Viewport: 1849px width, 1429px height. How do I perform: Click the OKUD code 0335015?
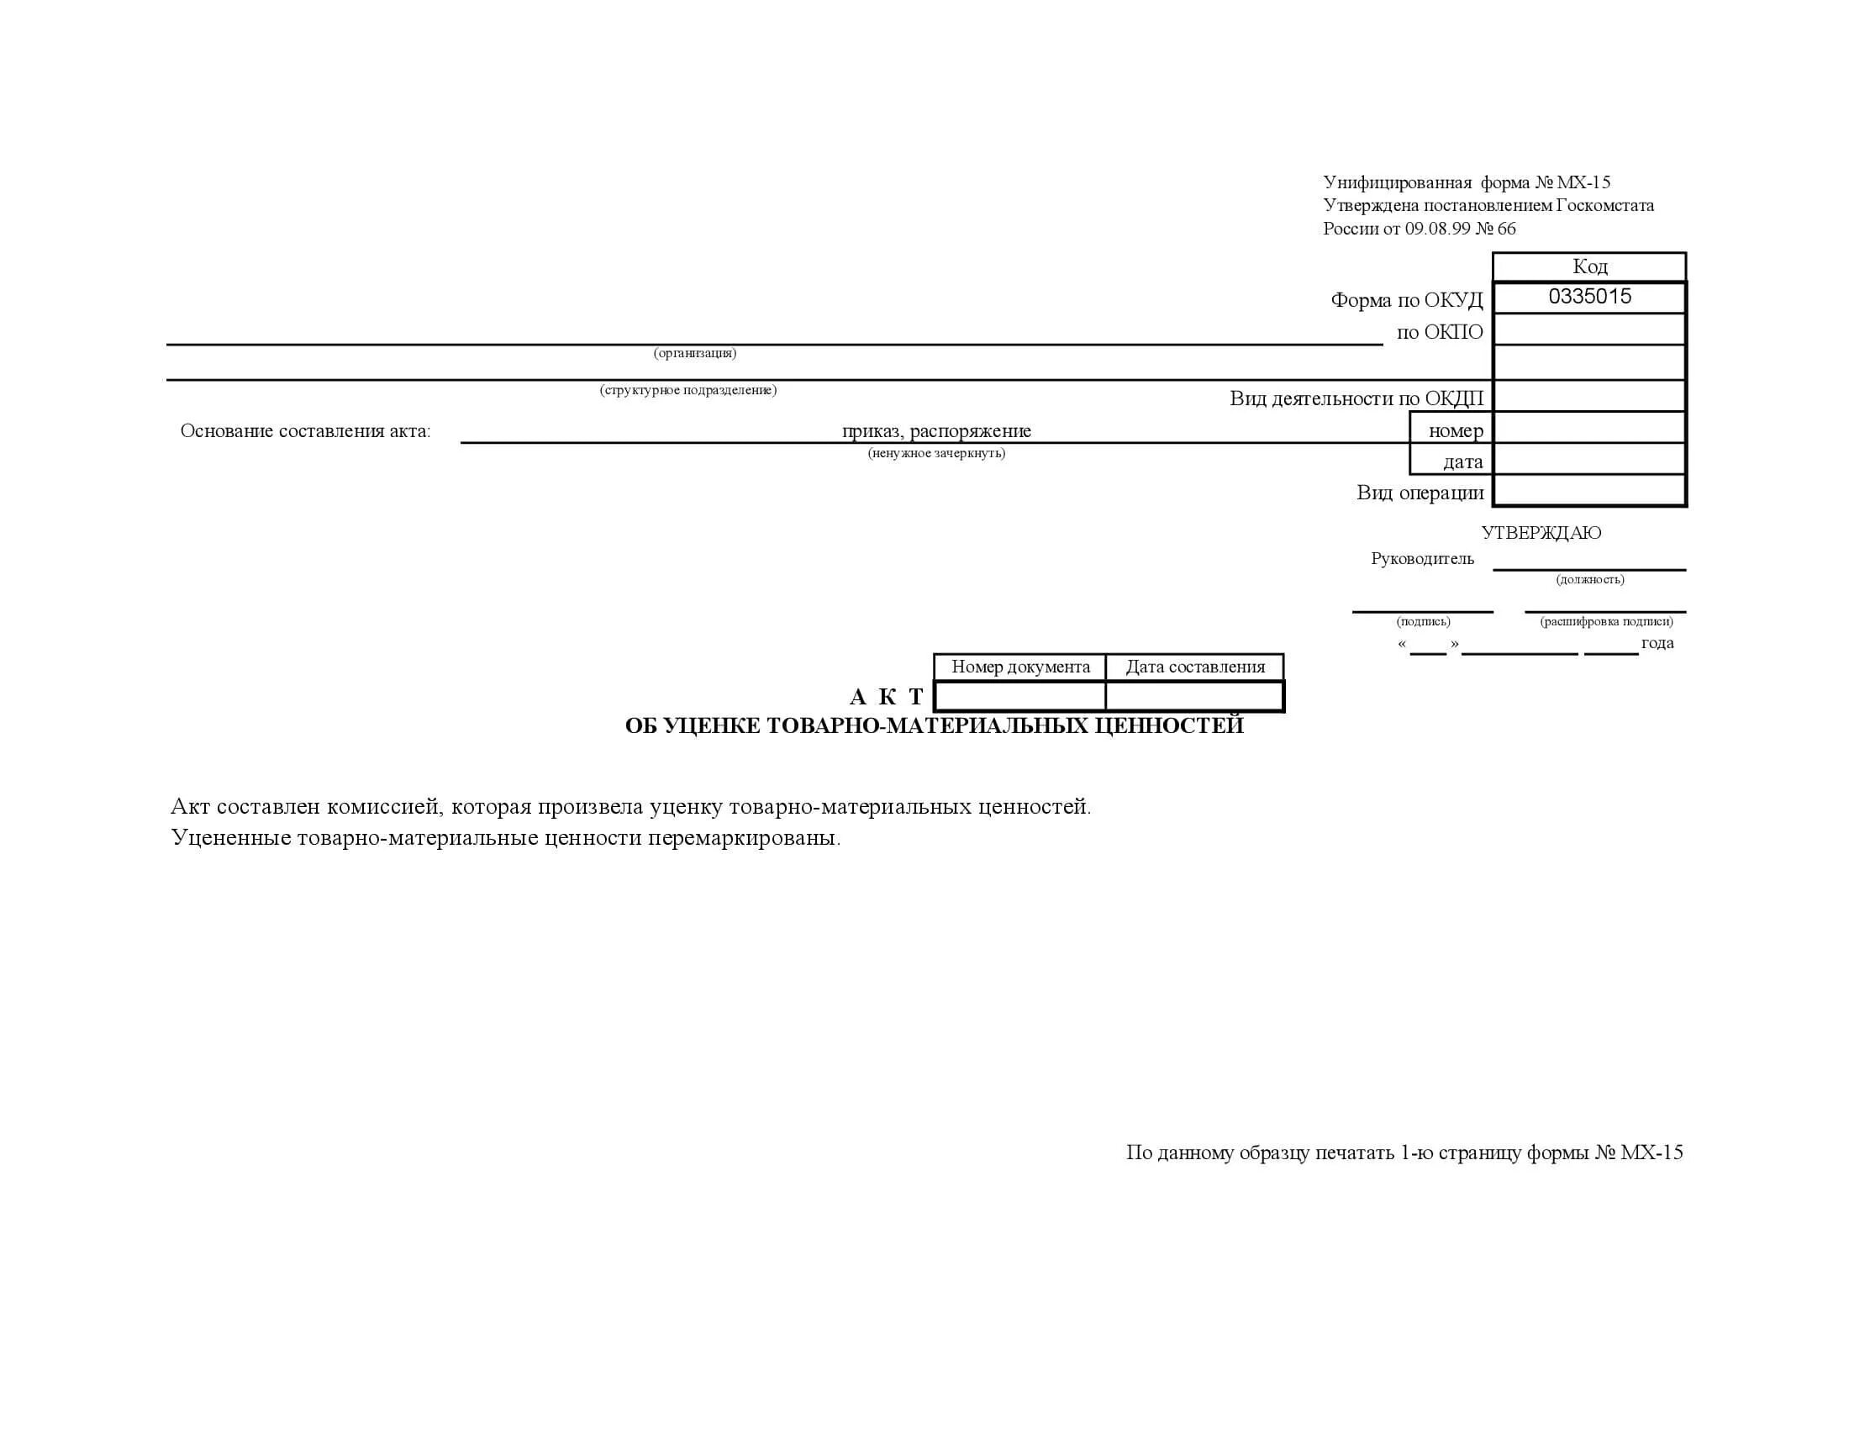[x=1589, y=296]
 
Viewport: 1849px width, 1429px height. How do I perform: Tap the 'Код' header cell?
[x=1589, y=266]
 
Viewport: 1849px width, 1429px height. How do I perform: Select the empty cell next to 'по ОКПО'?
[x=1589, y=330]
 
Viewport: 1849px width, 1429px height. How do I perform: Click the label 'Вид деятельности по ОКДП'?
[x=1356, y=398]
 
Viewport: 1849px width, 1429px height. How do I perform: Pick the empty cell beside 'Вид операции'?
[x=1589, y=491]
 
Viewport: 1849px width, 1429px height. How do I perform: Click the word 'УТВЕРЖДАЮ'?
[x=1541, y=532]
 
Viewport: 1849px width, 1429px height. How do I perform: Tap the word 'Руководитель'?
[x=1422, y=559]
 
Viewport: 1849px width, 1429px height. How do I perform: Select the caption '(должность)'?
[x=1590, y=580]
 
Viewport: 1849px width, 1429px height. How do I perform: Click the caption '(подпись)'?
[x=1423, y=621]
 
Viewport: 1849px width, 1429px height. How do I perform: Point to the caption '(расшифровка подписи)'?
[x=1606, y=621]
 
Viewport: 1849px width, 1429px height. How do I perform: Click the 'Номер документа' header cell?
[x=1020, y=667]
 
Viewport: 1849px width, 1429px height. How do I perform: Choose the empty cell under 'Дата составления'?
[x=1194, y=697]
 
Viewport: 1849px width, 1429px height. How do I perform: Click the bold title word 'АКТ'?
[x=887, y=697]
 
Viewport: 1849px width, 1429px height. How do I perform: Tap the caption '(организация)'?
[x=695, y=353]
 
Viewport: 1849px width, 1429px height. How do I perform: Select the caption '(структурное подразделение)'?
[x=688, y=390]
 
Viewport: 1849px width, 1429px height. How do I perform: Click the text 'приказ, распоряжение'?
[x=936, y=431]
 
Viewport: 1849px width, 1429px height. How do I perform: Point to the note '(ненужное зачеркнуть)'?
[x=936, y=454]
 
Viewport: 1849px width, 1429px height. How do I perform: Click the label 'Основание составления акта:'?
[x=306, y=431]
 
